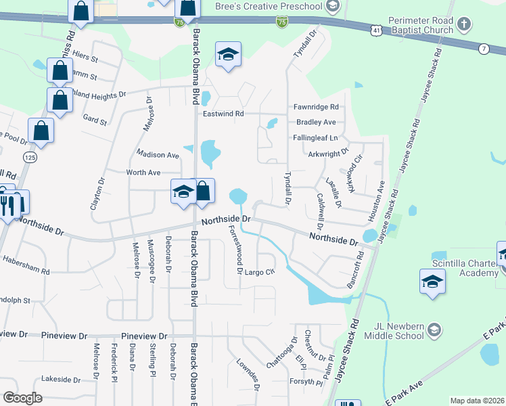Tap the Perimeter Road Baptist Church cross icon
[463, 25]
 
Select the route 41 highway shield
[376, 30]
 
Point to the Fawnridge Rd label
[315, 108]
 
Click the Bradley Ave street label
[316, 122]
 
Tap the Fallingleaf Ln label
[315, 137]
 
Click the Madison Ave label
[158, 154]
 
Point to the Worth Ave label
[143, 173]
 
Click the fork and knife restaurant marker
[8, 204]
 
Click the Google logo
[23, 398]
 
